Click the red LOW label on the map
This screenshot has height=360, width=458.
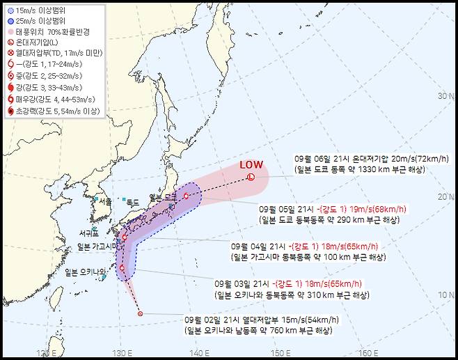tap(251, 164)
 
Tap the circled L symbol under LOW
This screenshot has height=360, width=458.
tap(251, 177)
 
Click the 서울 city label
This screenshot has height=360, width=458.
tap(105, 201)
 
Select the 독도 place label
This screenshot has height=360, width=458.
tap(133, 202)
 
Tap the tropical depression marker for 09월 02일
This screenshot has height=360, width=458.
tap(140, 314)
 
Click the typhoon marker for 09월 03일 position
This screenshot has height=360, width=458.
tap(123, 267)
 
